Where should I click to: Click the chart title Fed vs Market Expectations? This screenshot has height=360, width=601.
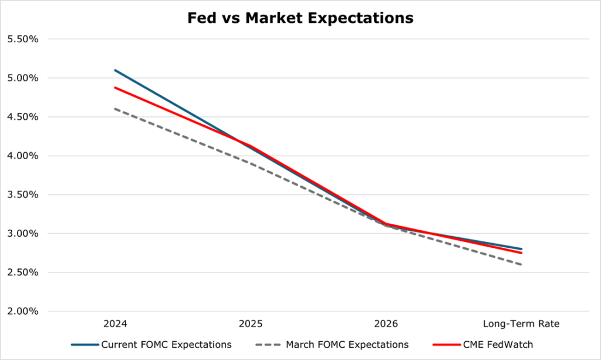300,18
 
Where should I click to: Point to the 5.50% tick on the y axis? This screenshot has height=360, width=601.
22,39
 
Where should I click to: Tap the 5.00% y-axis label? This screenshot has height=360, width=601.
22,78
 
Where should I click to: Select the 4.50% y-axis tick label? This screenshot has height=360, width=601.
22,117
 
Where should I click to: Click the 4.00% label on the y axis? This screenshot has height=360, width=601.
22,156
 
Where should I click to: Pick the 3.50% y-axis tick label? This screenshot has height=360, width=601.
22,194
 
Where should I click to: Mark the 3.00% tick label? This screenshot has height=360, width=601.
22,233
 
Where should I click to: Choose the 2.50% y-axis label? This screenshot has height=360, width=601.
22,272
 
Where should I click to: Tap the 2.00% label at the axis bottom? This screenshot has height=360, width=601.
22,311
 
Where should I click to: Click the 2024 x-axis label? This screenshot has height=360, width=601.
115,324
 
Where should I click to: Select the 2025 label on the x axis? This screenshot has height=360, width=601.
251,324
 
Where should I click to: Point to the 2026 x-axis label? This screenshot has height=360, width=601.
386,324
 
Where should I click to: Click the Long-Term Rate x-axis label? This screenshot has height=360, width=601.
521,324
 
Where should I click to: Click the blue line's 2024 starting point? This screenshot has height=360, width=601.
115,70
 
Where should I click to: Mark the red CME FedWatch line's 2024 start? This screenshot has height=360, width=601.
115,88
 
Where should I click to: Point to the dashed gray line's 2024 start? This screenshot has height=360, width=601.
115,109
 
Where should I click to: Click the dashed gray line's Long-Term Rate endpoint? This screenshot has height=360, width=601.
521,264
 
